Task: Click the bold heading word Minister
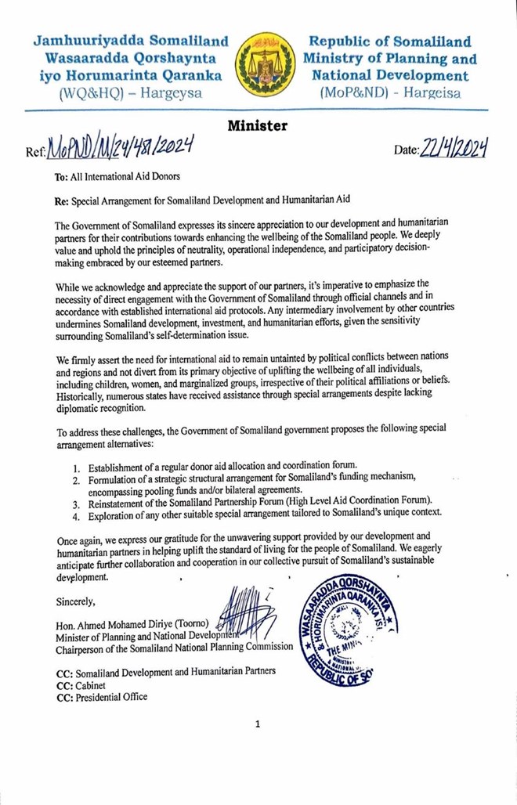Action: tap(258, 125)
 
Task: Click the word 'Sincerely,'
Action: tap(77, 602)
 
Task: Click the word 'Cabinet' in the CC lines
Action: tap(96, 684)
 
